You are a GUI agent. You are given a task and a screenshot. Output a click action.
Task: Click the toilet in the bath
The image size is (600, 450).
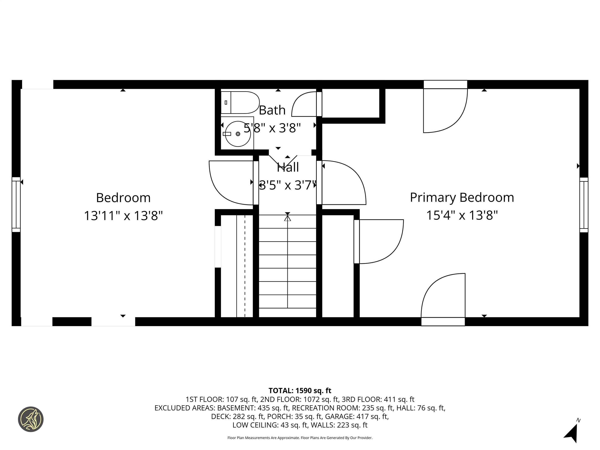coord(240,103)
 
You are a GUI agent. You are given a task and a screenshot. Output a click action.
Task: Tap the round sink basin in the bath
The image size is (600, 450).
coord(238,134)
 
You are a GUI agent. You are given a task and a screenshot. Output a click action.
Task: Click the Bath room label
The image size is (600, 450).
coord(272,110)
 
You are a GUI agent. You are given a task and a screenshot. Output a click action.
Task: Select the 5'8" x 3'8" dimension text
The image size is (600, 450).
coord(272,128)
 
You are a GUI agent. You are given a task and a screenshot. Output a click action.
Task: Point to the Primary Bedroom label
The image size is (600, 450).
coord(462,197)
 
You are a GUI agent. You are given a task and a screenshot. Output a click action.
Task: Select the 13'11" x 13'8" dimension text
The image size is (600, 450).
coord(123,216)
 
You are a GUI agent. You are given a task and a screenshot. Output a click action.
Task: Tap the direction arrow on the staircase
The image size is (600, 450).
coord(287,218)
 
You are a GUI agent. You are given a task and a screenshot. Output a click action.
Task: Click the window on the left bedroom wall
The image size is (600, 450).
coord(16,204)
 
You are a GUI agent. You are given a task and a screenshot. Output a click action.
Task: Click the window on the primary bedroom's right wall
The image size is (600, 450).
coord(584,205)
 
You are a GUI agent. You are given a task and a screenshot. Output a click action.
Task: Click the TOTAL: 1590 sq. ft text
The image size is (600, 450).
coord(300,391)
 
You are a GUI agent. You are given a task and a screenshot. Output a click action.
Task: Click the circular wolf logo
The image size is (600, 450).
coord(31,419)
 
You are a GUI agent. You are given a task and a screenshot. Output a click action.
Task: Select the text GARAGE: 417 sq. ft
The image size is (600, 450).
coord(357,416)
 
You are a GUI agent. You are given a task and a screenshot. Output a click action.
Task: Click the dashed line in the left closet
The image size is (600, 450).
coord(245,266)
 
